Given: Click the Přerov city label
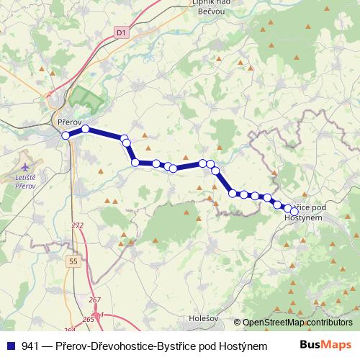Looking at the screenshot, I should [70, 122].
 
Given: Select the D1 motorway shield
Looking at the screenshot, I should [120, 32].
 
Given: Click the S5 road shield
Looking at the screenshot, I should [73, 260].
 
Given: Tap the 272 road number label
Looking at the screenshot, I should [78, 225].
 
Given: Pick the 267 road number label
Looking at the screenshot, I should [95, 300].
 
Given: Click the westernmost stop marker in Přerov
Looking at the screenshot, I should [66, 135].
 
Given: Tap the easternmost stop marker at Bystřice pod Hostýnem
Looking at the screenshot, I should [294, 211].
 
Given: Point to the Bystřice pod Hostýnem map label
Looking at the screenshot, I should [312, 212].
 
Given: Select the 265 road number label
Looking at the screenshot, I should [88, 318].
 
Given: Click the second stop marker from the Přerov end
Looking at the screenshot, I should [85, 129].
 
